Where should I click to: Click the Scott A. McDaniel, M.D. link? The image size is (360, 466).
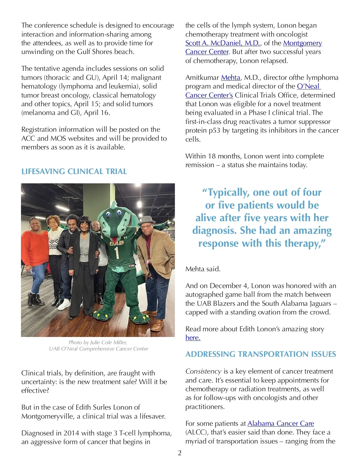click(x=223, y=43)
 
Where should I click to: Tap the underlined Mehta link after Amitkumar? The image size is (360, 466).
click(x=230, y=78)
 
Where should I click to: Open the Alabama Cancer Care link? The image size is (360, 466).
click(x=280, y=423)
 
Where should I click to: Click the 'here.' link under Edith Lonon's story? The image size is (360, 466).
click(x=193, y=338)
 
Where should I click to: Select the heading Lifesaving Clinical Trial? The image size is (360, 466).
click(x=74, y=171)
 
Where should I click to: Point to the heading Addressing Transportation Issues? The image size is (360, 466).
click(x=260, y=354)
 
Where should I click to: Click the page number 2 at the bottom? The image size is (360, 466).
click(x=180, y=453)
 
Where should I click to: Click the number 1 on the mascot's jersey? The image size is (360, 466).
click(x=117, y=252)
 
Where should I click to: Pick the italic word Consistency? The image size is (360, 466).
click(x=203, y=371)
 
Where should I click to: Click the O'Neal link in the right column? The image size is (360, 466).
click(x=308, y=86)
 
